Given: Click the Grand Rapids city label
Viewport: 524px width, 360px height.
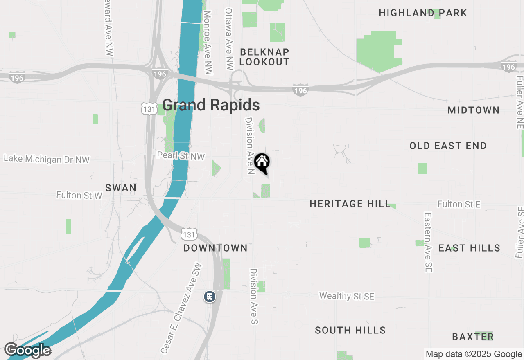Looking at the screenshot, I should (211, 105).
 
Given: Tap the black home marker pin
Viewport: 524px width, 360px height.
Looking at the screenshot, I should (262, 163).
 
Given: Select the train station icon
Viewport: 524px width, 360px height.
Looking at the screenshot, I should (210, 296).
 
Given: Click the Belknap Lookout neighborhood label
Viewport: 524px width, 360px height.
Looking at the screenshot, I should (264, 57).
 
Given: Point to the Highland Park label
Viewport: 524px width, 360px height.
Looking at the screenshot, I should (423, 13).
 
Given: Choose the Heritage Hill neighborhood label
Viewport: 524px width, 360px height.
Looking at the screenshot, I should (350, 204).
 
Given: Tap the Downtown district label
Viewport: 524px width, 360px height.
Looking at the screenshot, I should (215, 248).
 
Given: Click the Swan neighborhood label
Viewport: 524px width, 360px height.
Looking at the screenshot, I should (121, 188).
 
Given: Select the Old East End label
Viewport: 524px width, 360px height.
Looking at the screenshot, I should (448, 146).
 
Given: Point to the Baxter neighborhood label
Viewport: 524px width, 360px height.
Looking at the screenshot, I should (473, 337).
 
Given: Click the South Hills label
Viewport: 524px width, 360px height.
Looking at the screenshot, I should (350, 330).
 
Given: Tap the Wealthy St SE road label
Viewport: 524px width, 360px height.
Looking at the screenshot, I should (347, 296).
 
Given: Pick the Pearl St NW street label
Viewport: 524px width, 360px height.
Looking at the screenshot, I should (181, 156).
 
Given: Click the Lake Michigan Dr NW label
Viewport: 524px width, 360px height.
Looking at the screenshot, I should (47, 159).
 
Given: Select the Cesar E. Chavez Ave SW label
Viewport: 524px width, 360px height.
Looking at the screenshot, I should (181, 308).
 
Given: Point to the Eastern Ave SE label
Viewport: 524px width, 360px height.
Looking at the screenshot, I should (428, 242).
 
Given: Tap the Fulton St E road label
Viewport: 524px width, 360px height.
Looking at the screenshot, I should (459, 204).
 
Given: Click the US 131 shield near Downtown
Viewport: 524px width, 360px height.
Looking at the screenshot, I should (190, 234).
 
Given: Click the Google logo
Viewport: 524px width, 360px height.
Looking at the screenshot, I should (28, 351).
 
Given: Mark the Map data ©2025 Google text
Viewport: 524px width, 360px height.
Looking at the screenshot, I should (474, 354).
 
